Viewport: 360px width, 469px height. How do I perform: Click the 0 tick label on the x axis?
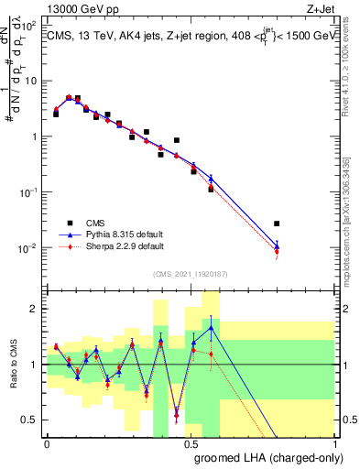pyautogui.click(x=47, y=442)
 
